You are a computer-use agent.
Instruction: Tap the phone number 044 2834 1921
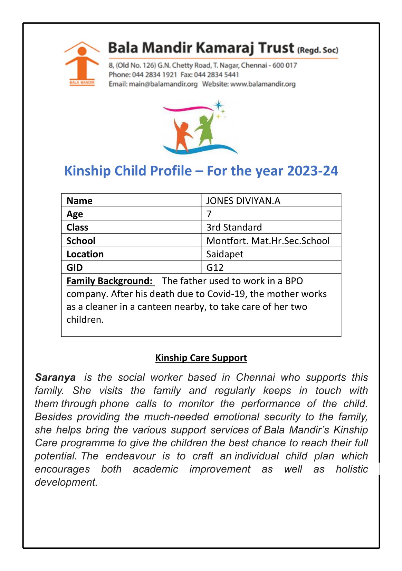154,75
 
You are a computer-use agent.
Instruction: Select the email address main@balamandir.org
163,84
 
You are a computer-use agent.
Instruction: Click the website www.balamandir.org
263,84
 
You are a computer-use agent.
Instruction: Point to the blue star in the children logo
218,105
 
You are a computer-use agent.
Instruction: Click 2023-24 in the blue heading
312,171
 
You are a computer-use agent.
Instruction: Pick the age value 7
209,214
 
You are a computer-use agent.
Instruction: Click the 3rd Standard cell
234,227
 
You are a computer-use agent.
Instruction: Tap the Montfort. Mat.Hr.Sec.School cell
268,241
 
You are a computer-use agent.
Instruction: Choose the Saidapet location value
224,254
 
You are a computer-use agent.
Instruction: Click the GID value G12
214,267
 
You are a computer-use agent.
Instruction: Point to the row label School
81,241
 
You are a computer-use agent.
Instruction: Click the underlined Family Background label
109,281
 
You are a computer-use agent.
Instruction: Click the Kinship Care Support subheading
201,358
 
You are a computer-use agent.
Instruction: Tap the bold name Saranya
55,377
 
